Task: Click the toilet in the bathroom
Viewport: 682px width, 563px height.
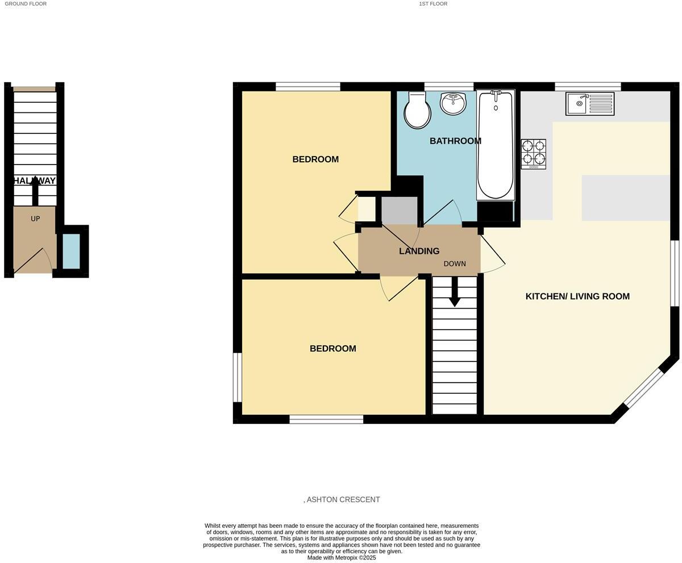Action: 417,111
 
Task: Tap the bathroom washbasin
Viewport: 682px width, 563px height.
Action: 454,104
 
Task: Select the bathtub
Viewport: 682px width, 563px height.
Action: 496,145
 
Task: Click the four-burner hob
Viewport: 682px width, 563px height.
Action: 534,154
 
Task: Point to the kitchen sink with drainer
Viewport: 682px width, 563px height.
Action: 590,104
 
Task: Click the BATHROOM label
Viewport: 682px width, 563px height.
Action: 455,141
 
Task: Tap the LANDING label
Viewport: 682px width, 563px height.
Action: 419,251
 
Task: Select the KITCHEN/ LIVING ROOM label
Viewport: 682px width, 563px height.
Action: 577,296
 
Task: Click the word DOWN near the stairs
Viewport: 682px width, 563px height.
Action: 455,264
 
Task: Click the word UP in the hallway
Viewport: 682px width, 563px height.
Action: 35,219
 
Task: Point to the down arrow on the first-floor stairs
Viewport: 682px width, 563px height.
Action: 455,292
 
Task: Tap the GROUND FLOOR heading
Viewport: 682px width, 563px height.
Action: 26,4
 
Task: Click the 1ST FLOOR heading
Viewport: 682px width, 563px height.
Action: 433,4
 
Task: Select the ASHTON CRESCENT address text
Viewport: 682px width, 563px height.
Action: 342,499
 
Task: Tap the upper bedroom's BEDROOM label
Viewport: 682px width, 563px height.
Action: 315,159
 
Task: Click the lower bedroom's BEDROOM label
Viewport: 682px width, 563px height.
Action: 333,348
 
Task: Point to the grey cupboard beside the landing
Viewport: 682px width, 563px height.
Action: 399,211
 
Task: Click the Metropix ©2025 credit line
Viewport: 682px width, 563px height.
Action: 342,557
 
